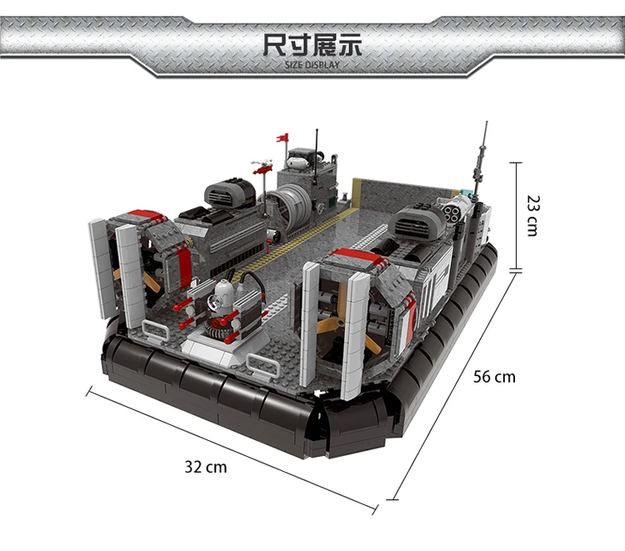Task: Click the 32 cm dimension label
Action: click(206, 467)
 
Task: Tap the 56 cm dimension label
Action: click(494, 377)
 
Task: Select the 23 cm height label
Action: click(533, 216)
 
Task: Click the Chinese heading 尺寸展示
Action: click(312, 45)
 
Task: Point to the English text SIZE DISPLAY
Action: click(312, 65)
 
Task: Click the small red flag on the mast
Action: click(282, 138)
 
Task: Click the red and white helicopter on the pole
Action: click(262, 166)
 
